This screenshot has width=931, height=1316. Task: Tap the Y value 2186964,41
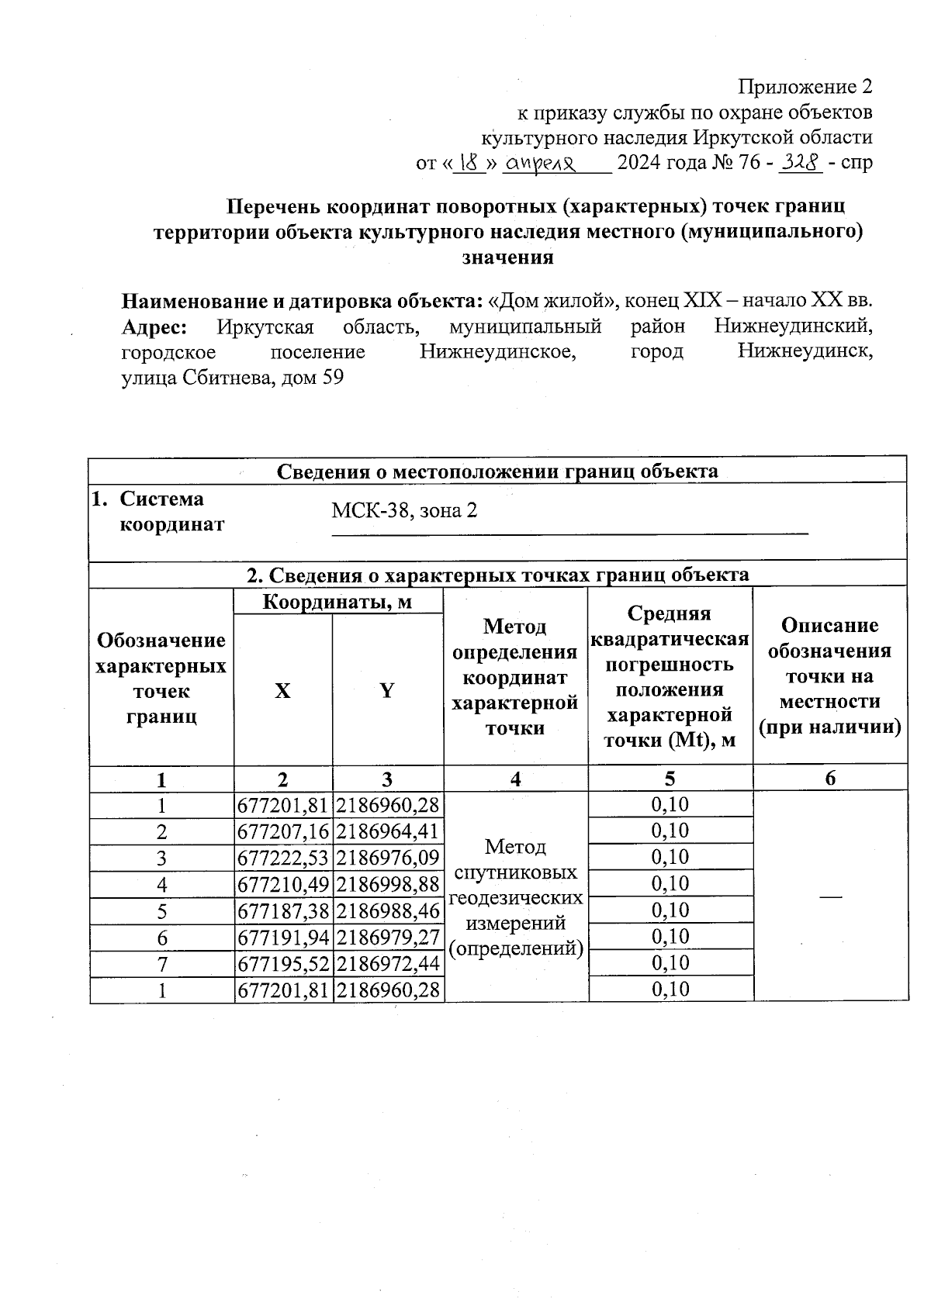tap(388, 832)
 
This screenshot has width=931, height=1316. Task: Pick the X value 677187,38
tap(283, 911)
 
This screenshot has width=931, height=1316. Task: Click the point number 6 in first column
tap(162, 938)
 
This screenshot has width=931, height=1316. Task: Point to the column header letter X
tap(282, 690)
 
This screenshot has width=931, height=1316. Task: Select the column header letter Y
tap(387, 690)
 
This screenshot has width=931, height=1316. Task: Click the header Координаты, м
tap(337, 602)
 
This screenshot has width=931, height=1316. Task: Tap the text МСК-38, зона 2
tap(404, 511)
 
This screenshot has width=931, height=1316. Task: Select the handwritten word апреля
tap(543, 164)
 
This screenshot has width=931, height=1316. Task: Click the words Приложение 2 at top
tap(805, 86)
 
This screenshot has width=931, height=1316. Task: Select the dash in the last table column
tap(830, 896)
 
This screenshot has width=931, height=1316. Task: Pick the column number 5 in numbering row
tap(670, 779)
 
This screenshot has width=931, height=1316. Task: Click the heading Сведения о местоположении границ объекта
tap(497, 471)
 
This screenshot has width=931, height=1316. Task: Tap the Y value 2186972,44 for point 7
tap(388, 964)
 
